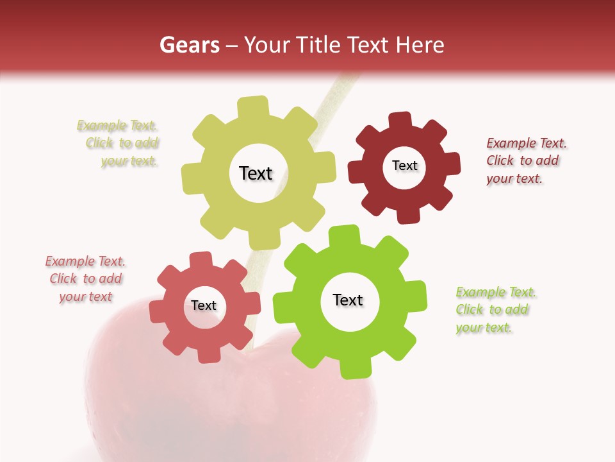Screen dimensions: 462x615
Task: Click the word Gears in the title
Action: (x=189, y=45)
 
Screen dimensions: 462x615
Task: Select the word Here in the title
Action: (x=420, y=45)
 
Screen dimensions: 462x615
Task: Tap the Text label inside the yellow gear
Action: (x=256, y=173)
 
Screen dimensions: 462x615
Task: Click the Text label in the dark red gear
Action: (x=404, y=166)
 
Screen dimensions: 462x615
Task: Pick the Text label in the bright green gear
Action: (x=348, y=300)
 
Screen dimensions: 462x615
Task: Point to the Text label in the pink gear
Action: (x=204, y=305)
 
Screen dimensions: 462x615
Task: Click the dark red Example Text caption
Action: (x=526, y=160)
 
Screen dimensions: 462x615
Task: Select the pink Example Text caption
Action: (x=85, y=278)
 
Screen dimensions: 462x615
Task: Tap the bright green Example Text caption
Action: (x=495, y=309)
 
